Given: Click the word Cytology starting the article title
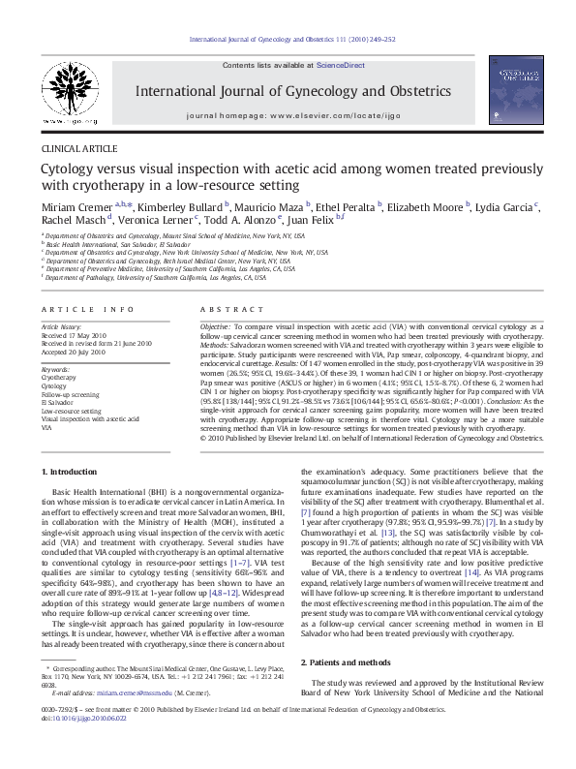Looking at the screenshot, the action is tap(64, 169).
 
